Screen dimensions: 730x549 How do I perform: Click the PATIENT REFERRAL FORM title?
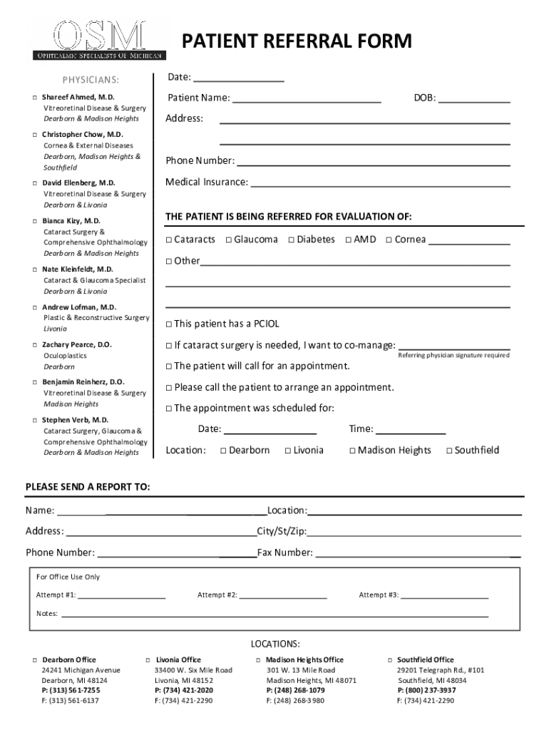point(297,42)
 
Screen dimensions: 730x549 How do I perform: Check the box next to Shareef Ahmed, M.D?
point(35,96)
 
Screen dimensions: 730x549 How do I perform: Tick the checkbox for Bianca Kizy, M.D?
point(35,221)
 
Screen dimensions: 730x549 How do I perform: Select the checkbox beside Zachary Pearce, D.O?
point(35,344)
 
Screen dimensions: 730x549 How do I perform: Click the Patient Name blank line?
point(306,99)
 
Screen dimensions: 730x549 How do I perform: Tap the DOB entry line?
point(474,99)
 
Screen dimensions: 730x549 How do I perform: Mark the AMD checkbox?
point(349,240)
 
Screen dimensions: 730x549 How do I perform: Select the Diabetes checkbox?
point(292,240)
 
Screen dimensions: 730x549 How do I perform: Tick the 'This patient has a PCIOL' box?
point(169,324)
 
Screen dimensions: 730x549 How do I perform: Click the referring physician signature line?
point(453,347)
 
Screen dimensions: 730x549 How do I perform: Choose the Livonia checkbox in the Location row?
point(287,451)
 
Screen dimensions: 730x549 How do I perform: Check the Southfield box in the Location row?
point(449,451)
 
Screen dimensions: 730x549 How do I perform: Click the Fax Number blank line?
point(417,554)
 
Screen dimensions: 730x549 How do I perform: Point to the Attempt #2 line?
point(283,596)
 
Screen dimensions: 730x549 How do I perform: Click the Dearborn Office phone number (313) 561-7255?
point(71,690)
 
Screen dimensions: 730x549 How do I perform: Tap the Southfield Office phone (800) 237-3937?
point(426,690)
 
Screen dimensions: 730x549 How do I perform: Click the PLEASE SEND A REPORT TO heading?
point(88,487)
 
